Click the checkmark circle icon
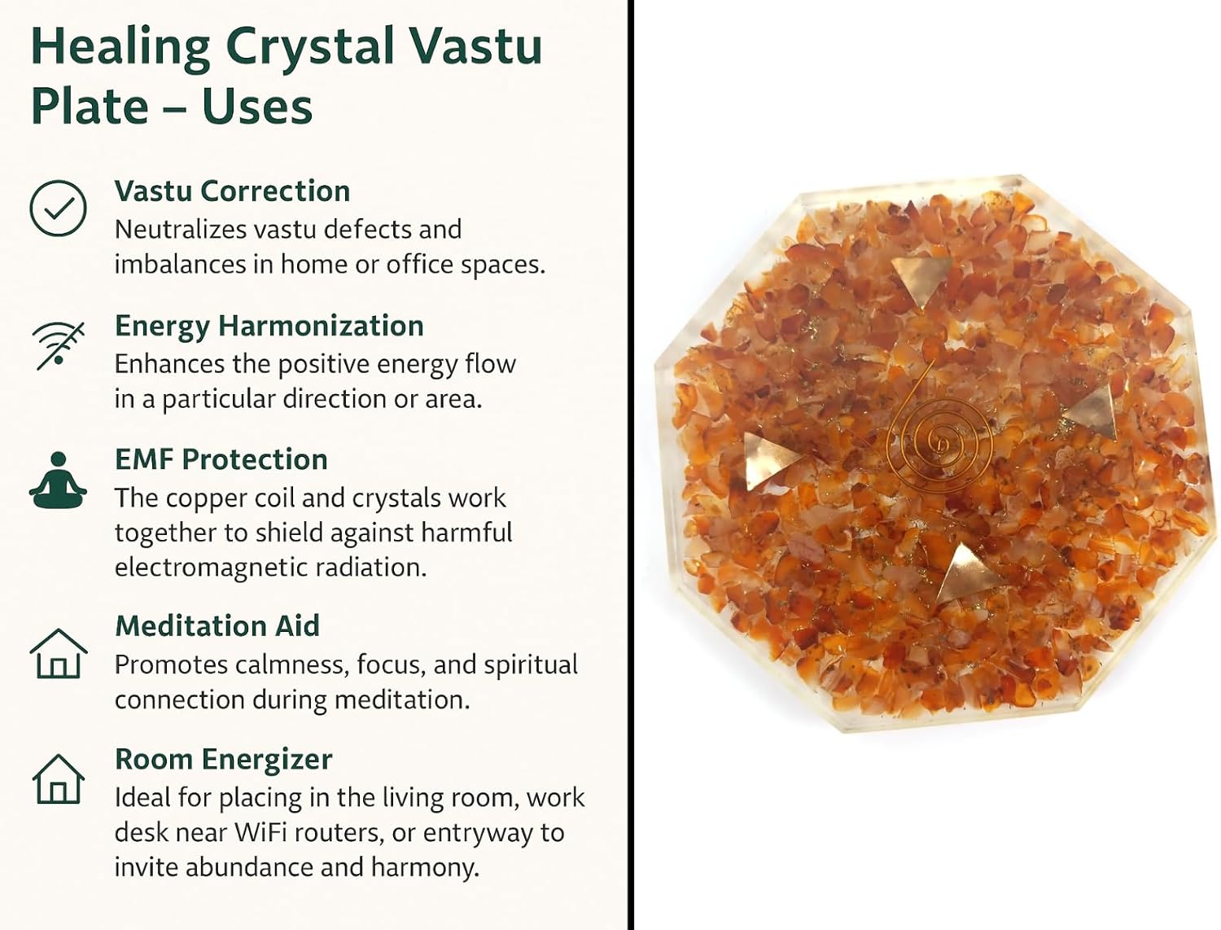[x=58, y=208]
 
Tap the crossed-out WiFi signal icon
[x=58, y=345]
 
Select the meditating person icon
[x=58, y=480]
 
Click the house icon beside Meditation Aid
[x=58, y=653]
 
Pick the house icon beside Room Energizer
[x=58, y=779]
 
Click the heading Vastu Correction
[x=233, y=191]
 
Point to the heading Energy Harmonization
[x=269, y=326]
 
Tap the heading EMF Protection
[x=221, y=460]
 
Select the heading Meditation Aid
[x=217, y=625]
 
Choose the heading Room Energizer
[x=224, y=760]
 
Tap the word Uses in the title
[x=256, y=106]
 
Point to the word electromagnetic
[x=210, y=568]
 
